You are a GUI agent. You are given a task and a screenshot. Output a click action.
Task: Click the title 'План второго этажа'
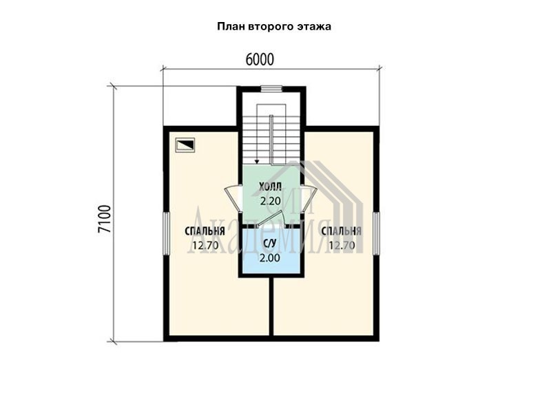[274, 27]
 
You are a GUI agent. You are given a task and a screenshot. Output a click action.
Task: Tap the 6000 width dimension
[260, 60]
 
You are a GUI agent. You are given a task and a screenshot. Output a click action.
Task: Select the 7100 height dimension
[105, 219]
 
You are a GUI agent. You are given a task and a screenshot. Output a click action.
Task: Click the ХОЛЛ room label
[270, 187]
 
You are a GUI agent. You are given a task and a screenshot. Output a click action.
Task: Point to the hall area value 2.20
[270, 201]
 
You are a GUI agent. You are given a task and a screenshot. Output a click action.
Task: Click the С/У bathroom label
[270, 243]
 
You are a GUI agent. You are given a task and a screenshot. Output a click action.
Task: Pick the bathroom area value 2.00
[270, 258]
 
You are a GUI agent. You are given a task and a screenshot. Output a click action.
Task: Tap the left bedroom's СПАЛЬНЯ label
[205, 231]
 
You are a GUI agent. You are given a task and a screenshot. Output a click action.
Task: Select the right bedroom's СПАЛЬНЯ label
[341, 231]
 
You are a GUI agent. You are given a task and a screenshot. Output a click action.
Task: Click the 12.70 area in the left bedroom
[205, 246]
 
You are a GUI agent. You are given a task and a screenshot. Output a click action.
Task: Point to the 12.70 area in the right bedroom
[342, 246]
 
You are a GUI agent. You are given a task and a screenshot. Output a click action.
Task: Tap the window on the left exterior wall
[166, 233]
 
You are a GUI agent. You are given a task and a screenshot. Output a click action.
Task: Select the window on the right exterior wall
[376, 233]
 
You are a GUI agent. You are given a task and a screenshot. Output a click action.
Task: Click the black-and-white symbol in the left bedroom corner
[185, 145]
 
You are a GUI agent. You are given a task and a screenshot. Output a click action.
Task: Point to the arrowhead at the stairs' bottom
[257, 162]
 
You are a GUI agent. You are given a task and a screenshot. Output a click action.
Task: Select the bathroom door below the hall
[271, 222]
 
